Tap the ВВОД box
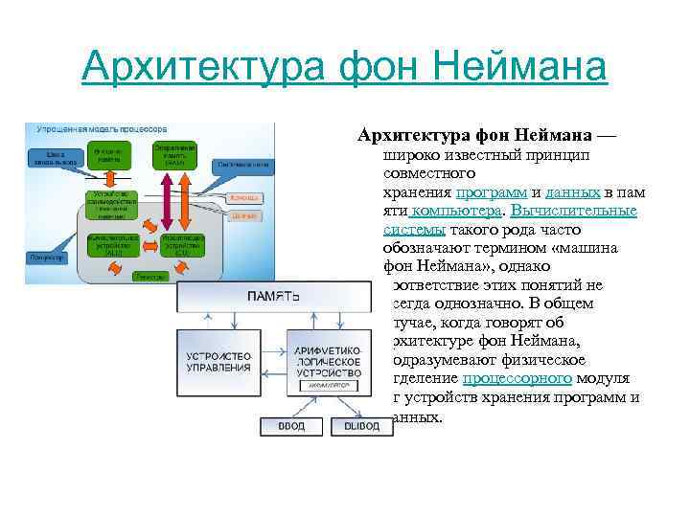289,425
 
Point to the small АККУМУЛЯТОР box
327,385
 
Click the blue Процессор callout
45,257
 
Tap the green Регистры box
149,275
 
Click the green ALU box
114,243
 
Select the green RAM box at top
174,155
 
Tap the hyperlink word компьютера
454,211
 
